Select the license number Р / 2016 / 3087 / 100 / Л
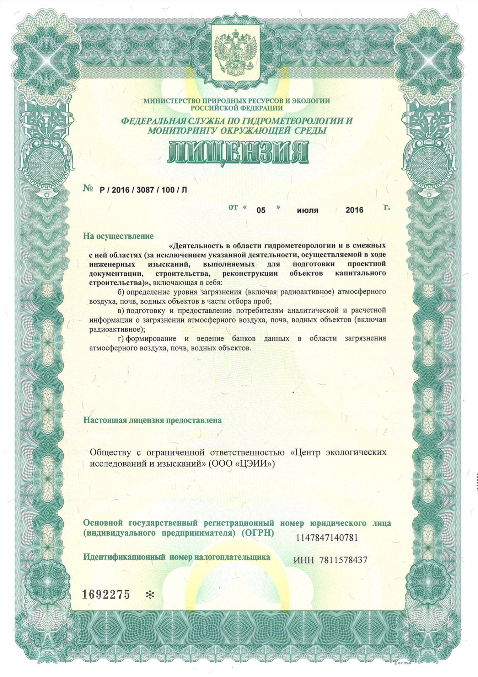pos(144,190)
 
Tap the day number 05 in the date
pos(261,210)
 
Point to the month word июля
pos(307,210)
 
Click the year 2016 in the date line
pos(354,210)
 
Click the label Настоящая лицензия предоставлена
pos(152,420)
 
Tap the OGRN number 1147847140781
pos(327,538)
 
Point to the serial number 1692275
pos(106,594)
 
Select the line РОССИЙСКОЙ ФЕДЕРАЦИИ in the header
pos(237,108)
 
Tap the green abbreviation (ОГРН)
pos(257,533)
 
